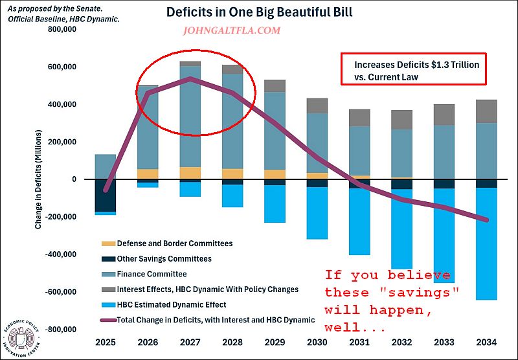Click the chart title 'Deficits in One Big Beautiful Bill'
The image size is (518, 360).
(260, 12)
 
